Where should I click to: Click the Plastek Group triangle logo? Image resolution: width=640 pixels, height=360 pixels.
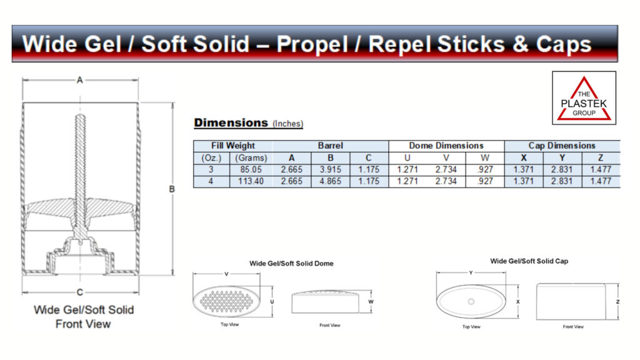click(584, 98)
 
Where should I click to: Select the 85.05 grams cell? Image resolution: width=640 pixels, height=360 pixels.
click(251, 169)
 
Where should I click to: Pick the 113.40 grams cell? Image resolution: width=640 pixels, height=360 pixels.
click(251, 181)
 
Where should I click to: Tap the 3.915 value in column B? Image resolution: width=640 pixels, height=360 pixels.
click(330, 169)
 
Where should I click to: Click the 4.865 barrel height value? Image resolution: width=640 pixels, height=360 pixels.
click(330, 181)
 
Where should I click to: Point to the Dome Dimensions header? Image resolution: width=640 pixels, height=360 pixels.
click(446, 146)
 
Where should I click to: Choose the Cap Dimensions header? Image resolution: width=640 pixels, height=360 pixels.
click(562, 146)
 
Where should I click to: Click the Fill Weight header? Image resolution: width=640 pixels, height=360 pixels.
click(232, 146)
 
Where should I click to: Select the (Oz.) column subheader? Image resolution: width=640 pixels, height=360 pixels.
click(211, 158)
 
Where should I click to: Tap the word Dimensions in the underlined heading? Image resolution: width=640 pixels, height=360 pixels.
click(231, 122)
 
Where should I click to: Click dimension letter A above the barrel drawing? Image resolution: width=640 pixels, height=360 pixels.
click(80, 80)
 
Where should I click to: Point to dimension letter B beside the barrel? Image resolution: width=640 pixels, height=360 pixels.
click(172, 189)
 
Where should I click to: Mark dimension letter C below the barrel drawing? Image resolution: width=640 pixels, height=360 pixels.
click(80, 292)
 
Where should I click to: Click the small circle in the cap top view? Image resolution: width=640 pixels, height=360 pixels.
click(471, 302)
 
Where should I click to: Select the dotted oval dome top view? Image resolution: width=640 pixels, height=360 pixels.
click(226, 301)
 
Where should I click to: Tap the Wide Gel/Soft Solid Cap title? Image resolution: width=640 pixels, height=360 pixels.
click(529, 261)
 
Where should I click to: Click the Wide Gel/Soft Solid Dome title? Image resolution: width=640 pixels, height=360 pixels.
click(291, 264)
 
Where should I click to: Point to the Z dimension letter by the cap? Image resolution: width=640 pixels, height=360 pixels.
click(617, 302)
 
